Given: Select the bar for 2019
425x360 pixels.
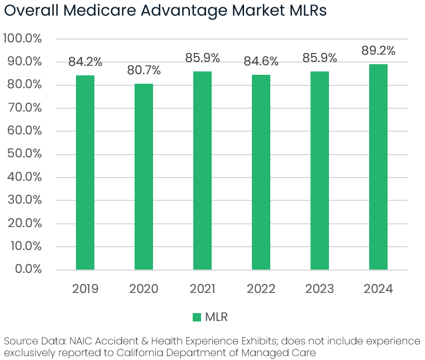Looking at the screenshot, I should tap(85, 172).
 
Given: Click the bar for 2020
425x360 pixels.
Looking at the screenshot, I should tap(144, 177).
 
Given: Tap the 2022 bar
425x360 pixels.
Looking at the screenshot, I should tap(261, 172).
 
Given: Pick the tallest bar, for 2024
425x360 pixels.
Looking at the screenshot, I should tap(378, 167).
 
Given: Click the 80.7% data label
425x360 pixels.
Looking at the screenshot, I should tap(144, 71).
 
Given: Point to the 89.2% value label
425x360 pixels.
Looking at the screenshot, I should tap(378, 51).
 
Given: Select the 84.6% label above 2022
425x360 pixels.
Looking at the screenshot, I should tap(261, 62).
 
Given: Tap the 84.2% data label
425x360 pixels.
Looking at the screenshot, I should tap(85, 62).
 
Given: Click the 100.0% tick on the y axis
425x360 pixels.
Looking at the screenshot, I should tap(23, 39).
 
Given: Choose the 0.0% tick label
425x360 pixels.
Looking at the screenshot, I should tap(27, 270).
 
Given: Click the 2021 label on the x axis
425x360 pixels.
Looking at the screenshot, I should tap(202, 289).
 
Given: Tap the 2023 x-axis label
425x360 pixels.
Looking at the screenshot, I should tap(319, 289).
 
